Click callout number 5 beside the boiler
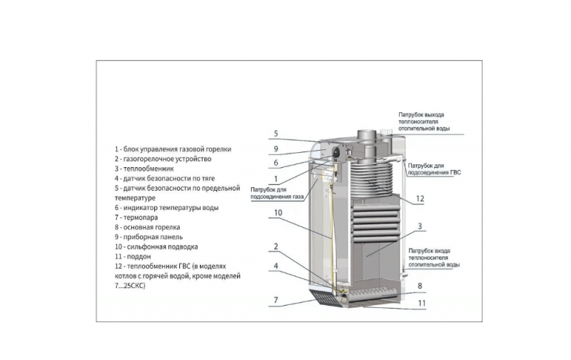tap(275, 134)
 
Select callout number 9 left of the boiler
tap(275, 149)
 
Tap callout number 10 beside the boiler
tap(278, 212)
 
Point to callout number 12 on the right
tap(420, 199)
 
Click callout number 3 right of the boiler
tap(420, 226)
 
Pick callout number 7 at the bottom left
tap(275, 299)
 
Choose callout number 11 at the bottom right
tap(421, 303)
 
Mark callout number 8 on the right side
tap(420, 286)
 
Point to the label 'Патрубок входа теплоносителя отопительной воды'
tap(433, 258)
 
